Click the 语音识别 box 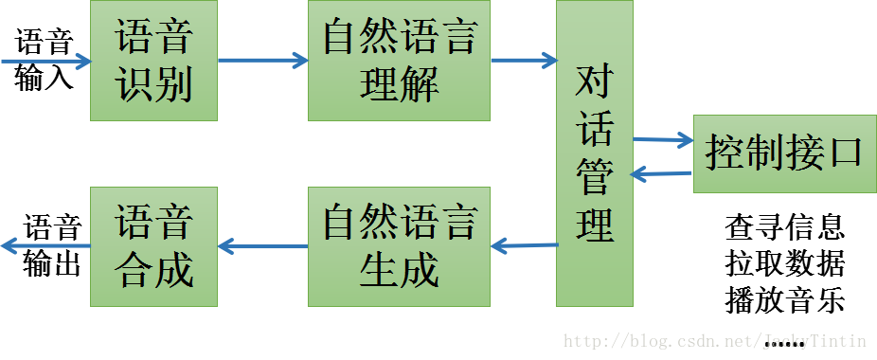[x=153, y=60]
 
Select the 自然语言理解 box [x=399, y=60]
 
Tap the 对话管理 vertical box [x=594, y=153]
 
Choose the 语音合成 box [x=153, y=246]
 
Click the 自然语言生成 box [x=399, y=246]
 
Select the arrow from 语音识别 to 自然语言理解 [x=262, y=61]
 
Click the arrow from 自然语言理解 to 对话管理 [x=523, y=61]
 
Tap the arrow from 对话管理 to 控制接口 [x=663, y=140]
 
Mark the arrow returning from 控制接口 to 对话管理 [x=663, y=172]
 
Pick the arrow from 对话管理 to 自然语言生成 [x=523, y=246]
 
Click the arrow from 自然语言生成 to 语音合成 [x=262, y=247]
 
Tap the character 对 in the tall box [x=595, y=84]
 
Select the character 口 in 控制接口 [x=847, y=153]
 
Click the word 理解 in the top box [x=399, y=86]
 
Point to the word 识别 [x=153, y=86]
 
